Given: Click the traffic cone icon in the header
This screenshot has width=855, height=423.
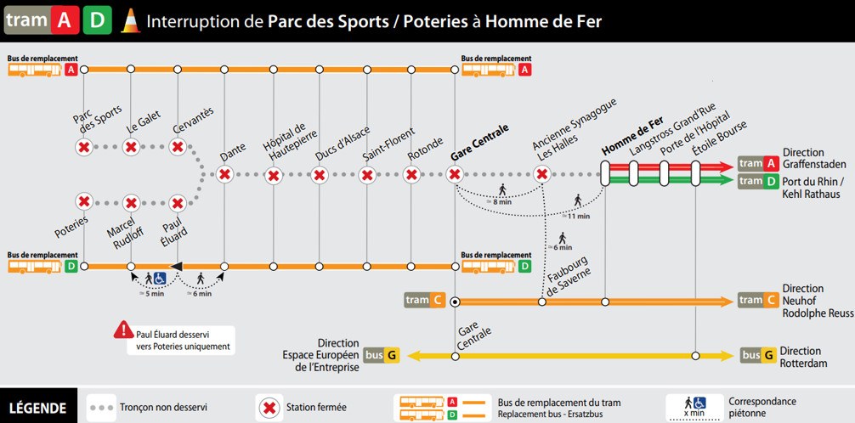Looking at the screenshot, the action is click(130, 21).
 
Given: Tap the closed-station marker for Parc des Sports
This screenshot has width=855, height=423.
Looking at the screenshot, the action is click(84, 147).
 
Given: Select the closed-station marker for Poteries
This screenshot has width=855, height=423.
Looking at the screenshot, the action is click(84, 201).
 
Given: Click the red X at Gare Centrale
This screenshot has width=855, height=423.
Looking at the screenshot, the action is click(454, 175).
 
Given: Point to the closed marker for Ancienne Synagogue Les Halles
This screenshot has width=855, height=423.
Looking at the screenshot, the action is click(542, 175).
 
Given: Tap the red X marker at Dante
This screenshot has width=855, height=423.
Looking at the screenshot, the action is click(224, 175).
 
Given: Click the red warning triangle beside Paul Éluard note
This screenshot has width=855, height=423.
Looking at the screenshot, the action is click(124, 330).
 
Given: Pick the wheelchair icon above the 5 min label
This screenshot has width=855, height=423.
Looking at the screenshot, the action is click(160, 279).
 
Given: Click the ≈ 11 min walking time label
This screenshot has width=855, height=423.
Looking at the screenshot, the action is click(579, 217).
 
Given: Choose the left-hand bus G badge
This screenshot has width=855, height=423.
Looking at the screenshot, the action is click(382, 356).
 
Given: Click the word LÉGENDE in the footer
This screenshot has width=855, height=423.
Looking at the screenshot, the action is click(38, 409).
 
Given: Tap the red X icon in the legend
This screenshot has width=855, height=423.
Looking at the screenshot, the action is click(269, 407).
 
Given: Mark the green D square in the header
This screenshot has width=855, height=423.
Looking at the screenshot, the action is click(97, 20).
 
